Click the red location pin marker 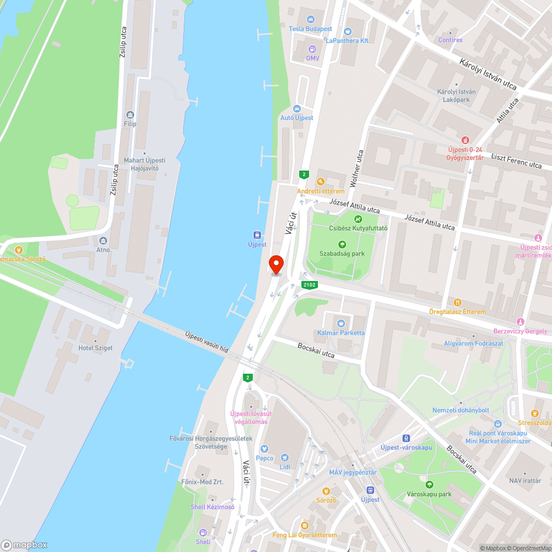(275, 265)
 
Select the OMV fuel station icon (312, 49)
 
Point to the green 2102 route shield (310, 285)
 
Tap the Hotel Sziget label (96, 348)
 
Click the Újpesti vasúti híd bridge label (206, 342)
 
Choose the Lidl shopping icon (285, 458)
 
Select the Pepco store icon (264, 449)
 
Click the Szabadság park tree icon (342, 245)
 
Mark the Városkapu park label (428, 493)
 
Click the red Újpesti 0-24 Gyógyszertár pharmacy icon (465, 141)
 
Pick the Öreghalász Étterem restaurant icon (458, 302)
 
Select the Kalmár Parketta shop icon (341, 323)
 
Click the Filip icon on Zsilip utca (130, 115)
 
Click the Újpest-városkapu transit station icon (407, 438)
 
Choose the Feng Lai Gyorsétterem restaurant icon (304, 526)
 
